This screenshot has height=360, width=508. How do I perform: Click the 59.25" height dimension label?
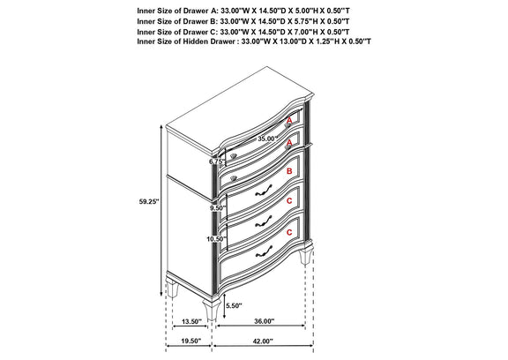tap(149, 201)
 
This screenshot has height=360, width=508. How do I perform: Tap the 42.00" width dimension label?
tap(263, 341)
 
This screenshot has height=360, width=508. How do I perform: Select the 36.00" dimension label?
tap(264, 321)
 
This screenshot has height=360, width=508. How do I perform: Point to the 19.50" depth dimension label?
tap(191, 341)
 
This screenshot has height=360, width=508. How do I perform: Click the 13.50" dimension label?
tap(191, 321)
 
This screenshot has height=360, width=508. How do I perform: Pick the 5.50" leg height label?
tap(234, 305)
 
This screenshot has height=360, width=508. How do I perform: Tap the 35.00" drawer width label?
tap(268, 139)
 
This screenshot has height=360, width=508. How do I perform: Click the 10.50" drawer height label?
tap(216, 239)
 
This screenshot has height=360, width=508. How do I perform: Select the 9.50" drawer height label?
tap(217, 208)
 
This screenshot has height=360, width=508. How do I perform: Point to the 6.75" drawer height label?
tap(217, 161)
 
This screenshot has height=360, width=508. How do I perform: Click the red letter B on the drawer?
tap(289, 171)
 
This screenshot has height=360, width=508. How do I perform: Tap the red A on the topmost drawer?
tap(289, 121)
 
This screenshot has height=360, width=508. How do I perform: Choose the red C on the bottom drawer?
tap(289, 232)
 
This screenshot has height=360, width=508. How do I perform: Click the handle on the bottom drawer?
tap(264, 251)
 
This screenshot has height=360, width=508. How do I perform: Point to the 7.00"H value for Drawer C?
tap(303, 32)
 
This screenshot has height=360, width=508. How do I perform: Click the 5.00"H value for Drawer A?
tap(304, 11)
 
